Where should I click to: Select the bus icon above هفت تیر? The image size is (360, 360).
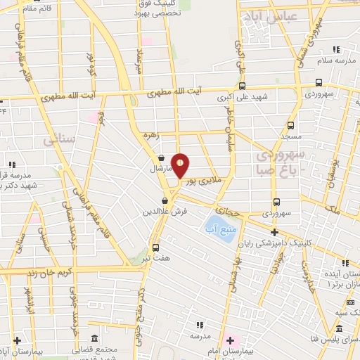tap(155, 247)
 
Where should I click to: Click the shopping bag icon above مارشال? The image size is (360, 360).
tap(163, 157)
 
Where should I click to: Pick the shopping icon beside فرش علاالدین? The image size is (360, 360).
tap(165, 200)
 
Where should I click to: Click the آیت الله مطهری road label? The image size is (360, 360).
tap(177, 91)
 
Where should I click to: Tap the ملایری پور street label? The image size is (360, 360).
tap(203, 180)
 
